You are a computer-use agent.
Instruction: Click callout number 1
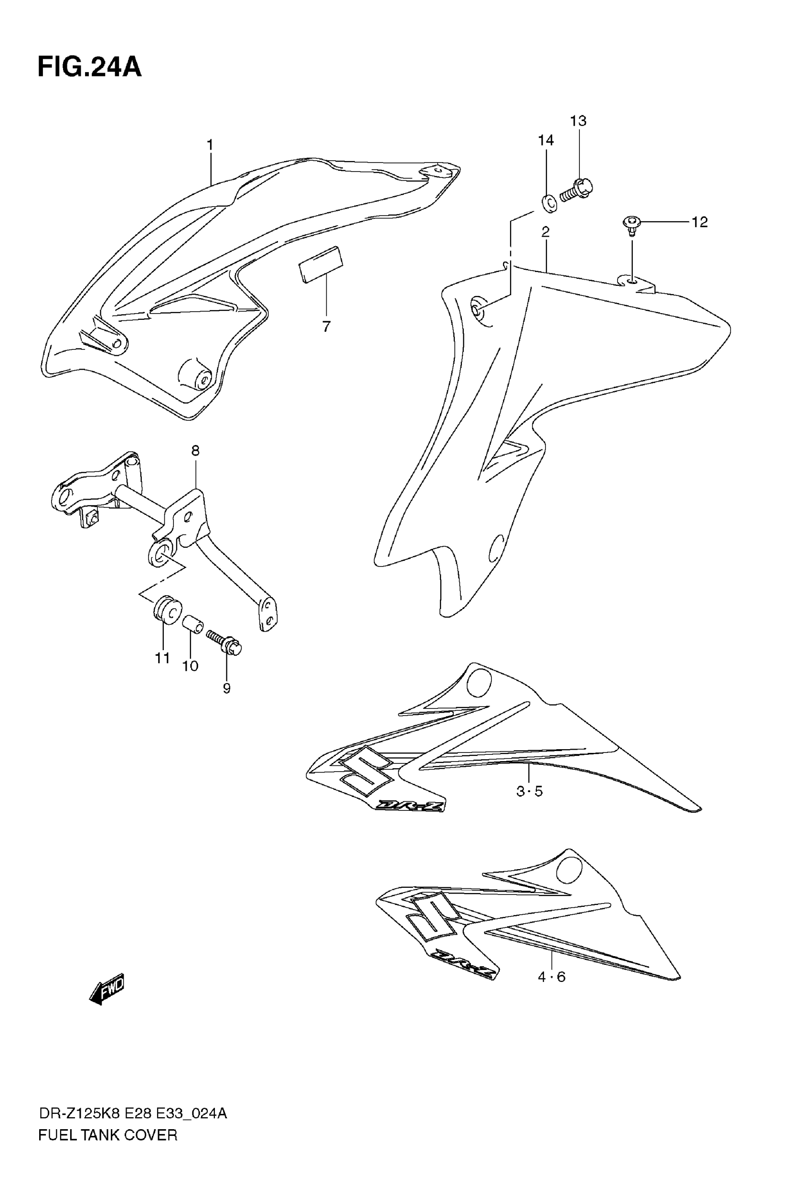click(210, 145)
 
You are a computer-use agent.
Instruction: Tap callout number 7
click(326, 327)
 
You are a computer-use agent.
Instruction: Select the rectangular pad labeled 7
click(321, 264)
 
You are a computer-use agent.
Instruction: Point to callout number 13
click(578, 121)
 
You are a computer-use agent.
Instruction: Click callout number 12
click(700, 222)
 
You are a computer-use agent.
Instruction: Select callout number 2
click(545, 232)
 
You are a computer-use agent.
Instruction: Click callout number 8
click(195, 450)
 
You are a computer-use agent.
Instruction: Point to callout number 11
click(162, 658)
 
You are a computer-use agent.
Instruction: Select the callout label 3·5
click(530, 792)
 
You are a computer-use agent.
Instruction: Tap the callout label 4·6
click(552, 977)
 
